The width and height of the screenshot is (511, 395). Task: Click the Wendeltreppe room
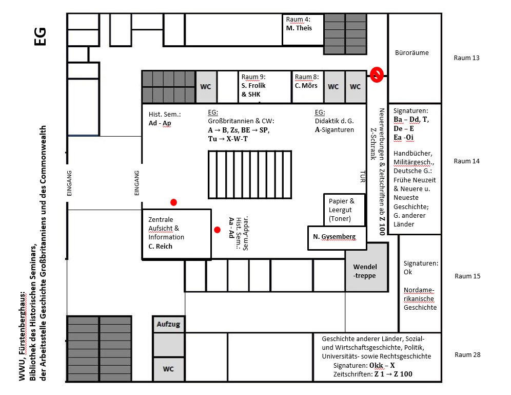[x=366, y=268]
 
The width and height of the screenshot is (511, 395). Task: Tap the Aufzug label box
[x=168, y=324]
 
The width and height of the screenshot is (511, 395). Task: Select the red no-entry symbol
[x=377, y=75]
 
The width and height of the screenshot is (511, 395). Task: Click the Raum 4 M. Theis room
[x=303, y=29]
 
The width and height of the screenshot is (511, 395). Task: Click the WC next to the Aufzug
[x=168, y=369]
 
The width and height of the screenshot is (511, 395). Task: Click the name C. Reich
[x=161, y=246]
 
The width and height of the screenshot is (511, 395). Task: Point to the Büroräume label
[x=411, y=53]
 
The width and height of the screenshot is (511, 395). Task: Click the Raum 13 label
[x=466, y=58]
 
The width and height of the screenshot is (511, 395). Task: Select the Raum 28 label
[x=466, y=355]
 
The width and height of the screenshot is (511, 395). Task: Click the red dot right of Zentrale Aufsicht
[x=218, y=230]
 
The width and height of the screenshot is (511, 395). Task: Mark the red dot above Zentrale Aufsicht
[x=174, y=202]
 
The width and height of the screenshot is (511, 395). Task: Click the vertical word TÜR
[x=362, y=177]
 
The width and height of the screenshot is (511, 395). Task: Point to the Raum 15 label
[x=467, y=276]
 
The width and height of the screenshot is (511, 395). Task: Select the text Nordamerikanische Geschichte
[x=420, y=298]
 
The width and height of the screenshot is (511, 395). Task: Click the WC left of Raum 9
[x=206, y=87]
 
